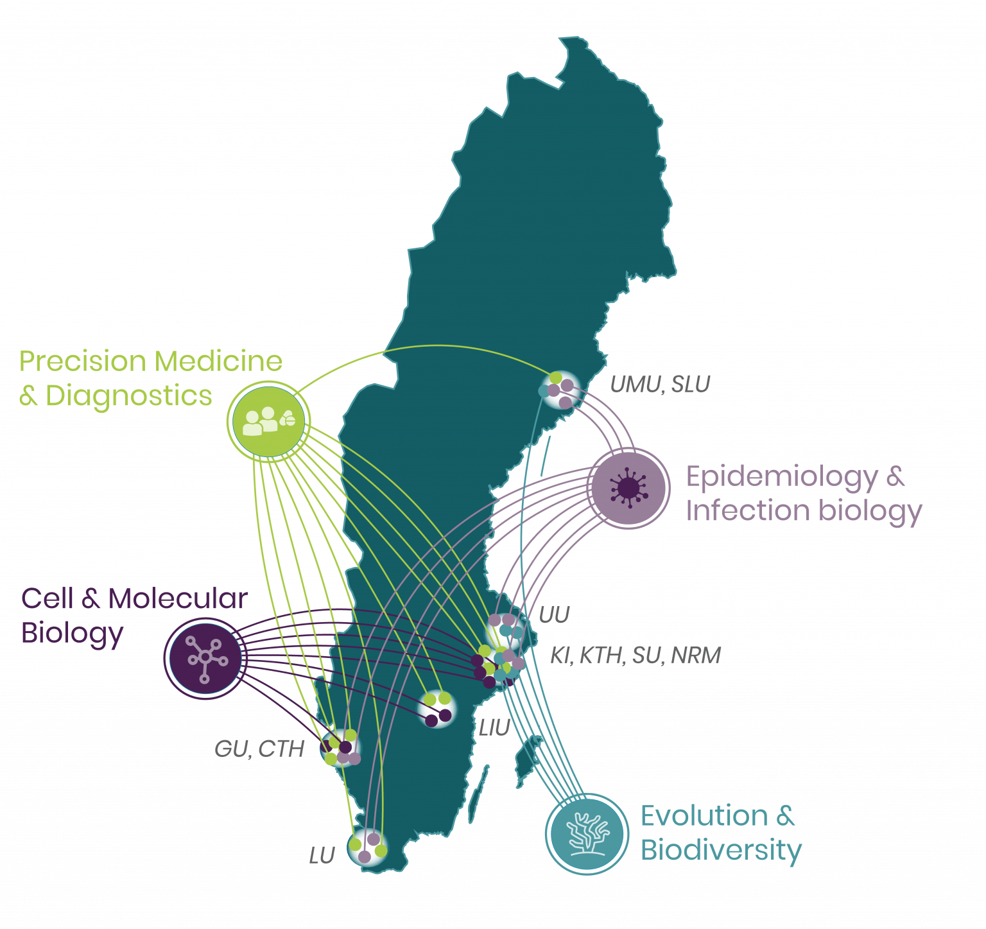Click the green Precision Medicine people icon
pyautogui.click(x=269, y=421)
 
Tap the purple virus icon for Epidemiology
pyautogui.click(x=629, y=488)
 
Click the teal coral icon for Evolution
pyautogui.click(x=587, y=833)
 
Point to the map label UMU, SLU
pyautogui.click(x=659, y=385)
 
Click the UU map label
pyautogui.click(x=554, y=616)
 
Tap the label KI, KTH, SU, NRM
pyautogui.click(x=635, y=656)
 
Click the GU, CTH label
pyautogui.click(x=259, y=749)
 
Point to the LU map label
pyautogui.click(x=322, y=856)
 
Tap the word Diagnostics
pyautogui.click(x=128, y=395)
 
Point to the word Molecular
pyautogui.click(x=178, y=598)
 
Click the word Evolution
pyautogui.click(x=704, y=816)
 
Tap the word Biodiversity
pyautogui.click(x=721, y=850)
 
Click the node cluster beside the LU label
pyautogui.click(x=367, y=847)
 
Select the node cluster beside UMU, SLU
pyautogui.click(x=559, y=389)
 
